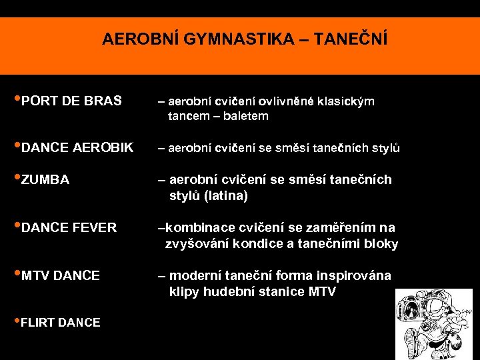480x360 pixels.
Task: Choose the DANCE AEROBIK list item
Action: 77,147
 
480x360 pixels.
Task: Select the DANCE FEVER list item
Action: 69,227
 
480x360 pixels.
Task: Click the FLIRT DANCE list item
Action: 61,323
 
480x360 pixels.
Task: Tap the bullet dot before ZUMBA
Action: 18,178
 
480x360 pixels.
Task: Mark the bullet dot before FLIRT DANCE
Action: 18,321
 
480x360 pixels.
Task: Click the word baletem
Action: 246,116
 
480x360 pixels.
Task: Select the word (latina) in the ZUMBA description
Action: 226,196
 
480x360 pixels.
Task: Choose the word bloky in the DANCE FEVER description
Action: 381,244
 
